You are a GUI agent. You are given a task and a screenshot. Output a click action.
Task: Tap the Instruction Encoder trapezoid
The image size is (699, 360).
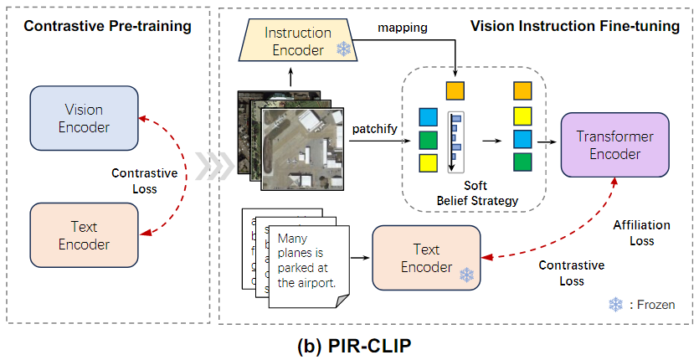(293, 41)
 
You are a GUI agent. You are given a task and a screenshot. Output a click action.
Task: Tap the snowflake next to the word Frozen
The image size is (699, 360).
(616, 305)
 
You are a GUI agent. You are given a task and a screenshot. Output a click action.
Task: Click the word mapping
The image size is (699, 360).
(404, 28)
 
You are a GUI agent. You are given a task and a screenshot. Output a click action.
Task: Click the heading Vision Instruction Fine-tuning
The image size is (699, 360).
(574, 26)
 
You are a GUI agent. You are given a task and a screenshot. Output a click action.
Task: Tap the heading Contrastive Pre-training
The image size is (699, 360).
(108, 26)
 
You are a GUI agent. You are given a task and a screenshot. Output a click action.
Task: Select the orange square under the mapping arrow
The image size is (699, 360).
(455, 90)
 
